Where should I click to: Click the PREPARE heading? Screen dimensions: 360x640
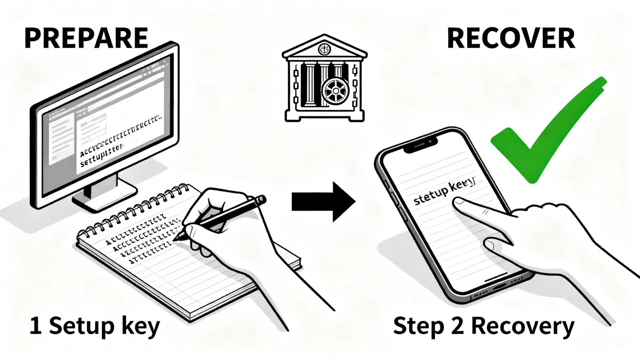(86, 38)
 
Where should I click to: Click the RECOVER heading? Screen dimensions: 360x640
(511, 38)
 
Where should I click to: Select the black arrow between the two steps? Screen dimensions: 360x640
(323, 202)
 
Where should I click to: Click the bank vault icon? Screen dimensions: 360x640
(325, 79)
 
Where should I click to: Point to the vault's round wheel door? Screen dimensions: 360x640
(335, 91)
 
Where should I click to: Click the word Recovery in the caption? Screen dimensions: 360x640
(522, 327)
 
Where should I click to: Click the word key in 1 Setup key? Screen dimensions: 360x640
(140, 327)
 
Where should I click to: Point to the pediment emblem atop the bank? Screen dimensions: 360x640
(324, 49)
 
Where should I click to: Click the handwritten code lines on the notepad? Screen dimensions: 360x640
(142, 240)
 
